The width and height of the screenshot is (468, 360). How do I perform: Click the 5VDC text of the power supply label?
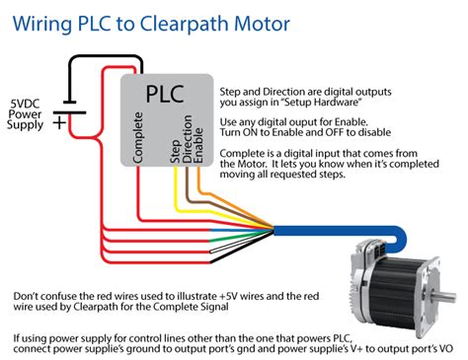tap(29, 103)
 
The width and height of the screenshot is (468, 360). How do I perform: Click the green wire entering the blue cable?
tap(197, 234)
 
